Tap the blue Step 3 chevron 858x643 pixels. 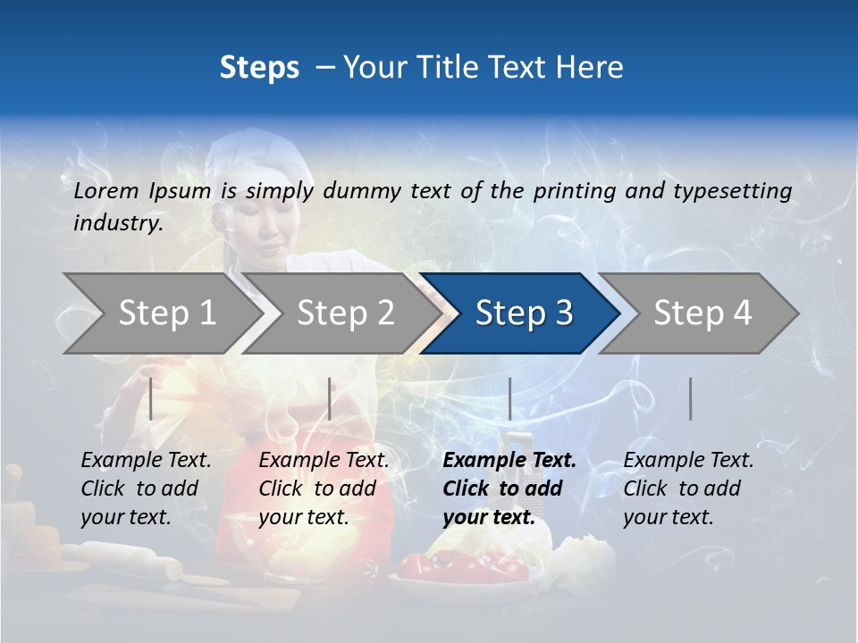click(524, 313)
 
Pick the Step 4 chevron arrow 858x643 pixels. click(702, 313)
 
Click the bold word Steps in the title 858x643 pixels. click(259, 67)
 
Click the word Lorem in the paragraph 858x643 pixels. click(105, 190)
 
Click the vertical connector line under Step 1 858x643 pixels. click(151, 398)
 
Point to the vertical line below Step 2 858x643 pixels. click(330, 398)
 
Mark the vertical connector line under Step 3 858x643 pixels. click(509, 398)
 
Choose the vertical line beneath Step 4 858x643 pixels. click(690, 398)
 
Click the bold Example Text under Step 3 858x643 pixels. click(509, 461)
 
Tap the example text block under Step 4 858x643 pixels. click(688, 489)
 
